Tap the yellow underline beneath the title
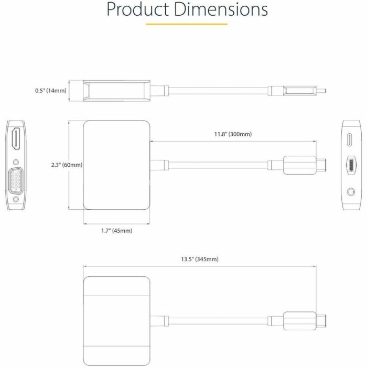pyautogui.click(x=186, y=24)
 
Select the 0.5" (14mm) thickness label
pyautogui.click(x=51, y=91)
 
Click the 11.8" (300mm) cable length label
pyautogui.click(x=233, y=134)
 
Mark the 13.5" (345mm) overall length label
pyautogui.click(x=199, y=259)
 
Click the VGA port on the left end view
pyautogui.click(x=16, y=181)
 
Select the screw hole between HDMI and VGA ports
pyautogui.click(x=16, y=163)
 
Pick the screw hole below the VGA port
pyautogui.click(x=16, y=200)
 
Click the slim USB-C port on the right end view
pyautogui.click(x=350, y=141)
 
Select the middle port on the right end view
pyautogui.click(x=350, y=165)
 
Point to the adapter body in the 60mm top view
pyautogui.click(x=117, y=165)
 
